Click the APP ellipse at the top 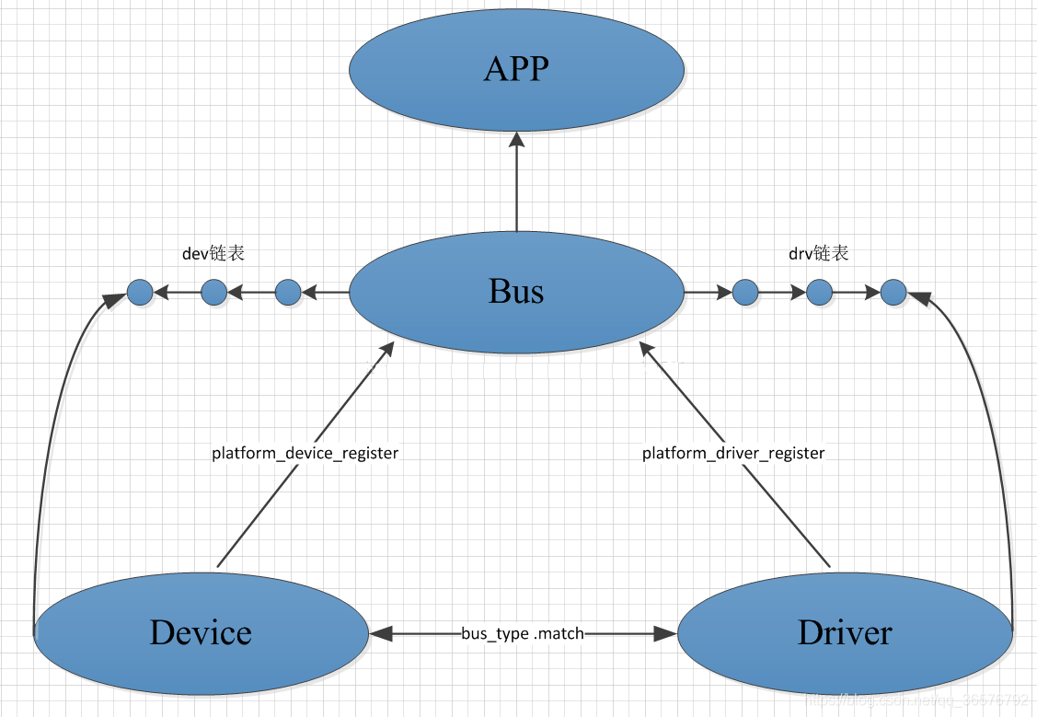(516, 70)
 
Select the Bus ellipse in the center (516, 292)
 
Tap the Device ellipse (201, 633)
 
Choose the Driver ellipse (845, 633)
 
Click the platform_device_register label (305, 453)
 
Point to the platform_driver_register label (733, 453)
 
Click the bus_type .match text (523, 633)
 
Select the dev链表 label (213, 253)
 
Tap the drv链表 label (818, 253)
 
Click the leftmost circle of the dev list (140, 293)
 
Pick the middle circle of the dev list (213, 293)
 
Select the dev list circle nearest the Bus (288, 293)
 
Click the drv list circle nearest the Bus (744, 293)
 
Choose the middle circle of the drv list (819, 293)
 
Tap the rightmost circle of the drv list (893, 293)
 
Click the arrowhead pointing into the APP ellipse (516, 140)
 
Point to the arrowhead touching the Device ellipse (380, 633)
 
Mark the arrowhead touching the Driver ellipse (666, 633)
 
